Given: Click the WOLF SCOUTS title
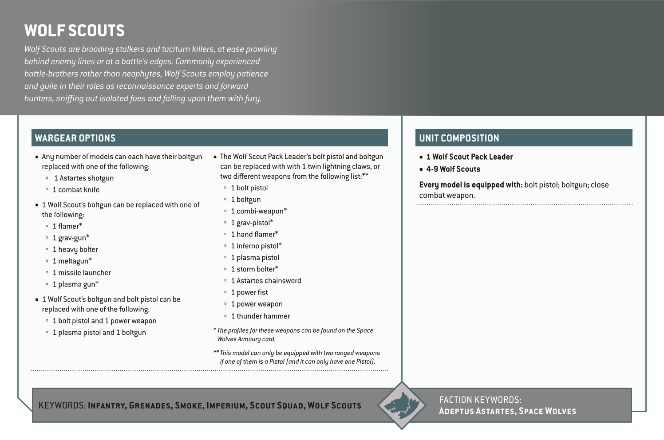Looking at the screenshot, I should [75, 31].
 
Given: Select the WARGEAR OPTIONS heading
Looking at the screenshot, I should [75, 138].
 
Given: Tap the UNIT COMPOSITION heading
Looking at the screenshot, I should [459, 138].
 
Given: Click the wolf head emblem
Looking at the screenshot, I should [402, 405].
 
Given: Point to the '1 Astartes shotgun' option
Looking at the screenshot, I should [84, 178].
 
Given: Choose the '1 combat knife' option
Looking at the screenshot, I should [76, 189].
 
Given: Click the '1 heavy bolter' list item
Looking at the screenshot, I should [75, 249].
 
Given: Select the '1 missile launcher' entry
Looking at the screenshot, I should [82, 272].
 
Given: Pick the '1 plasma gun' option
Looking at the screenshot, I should [75, 284].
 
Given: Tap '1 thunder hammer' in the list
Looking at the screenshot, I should [260, 316].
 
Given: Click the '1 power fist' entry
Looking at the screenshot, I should [249, 292].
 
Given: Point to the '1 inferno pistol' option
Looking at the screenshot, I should [256, 246].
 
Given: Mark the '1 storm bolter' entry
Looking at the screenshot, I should [254, 269].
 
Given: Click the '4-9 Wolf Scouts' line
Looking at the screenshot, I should [453, 169].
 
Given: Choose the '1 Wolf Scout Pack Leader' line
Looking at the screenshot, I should [469, 157].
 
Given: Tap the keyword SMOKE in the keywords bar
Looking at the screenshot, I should [189, 405].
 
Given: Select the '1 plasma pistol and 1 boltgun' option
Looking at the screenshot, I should [99, 332].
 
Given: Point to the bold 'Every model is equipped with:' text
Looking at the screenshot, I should [470, 185].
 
